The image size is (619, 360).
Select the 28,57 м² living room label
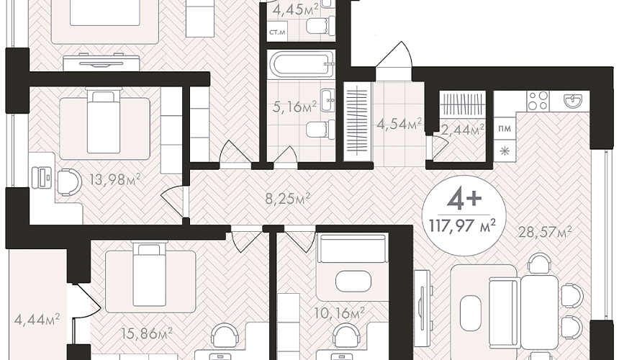click(x=545, y=233)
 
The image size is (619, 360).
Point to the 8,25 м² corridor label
click(x=287, y=199)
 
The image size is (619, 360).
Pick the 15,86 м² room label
click(x=147, y=333)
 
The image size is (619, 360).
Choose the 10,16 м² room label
click(x=340, y=313)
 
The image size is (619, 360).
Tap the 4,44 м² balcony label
click(x=37, y=318)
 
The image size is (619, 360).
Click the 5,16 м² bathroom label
click(x=295, y=106)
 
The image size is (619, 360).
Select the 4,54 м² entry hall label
click(x=399, y=124)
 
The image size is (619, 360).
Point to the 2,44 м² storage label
click(x=463, y=130)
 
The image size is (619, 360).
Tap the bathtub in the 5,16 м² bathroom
click(x=301, y=63)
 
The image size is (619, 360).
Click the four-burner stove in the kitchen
click(x=538, y=100)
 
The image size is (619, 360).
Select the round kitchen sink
click(x=573, y=100)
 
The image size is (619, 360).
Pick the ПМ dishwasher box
click(x=505, y=128)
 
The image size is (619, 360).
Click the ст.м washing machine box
click(x=277, y=32)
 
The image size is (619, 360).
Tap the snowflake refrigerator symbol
click(x=505, y=150)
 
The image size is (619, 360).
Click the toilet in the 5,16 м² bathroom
click(x=320, y=129)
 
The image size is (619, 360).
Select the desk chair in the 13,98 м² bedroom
click(x=70, y=182)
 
